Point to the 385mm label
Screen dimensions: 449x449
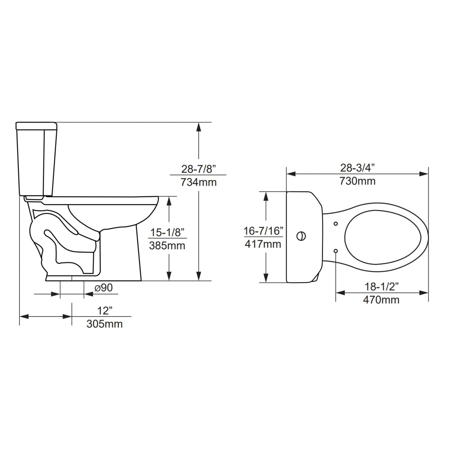click(x=167, y=245)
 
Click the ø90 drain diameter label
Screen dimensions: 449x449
click(x=103, y=288)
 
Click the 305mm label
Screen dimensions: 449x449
click(x=104, y=324)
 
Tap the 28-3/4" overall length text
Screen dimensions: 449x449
click(x=357, y=168)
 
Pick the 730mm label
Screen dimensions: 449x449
click(x=357, y=181)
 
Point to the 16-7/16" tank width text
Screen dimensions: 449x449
click(x=263, y=231)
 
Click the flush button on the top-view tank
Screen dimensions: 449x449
click(x=301, y=236)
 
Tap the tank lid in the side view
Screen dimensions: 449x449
click(x=36, y=126)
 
